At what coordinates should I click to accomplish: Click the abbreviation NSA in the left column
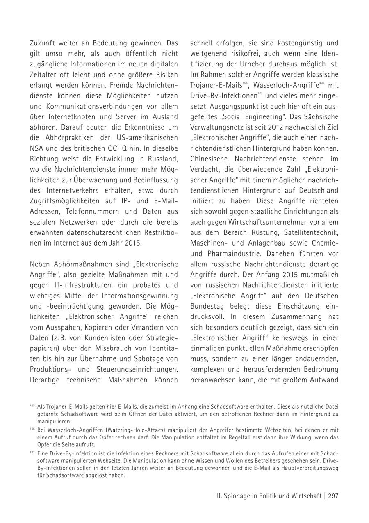click(37, 148)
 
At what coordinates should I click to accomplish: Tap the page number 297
click(333, 496)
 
